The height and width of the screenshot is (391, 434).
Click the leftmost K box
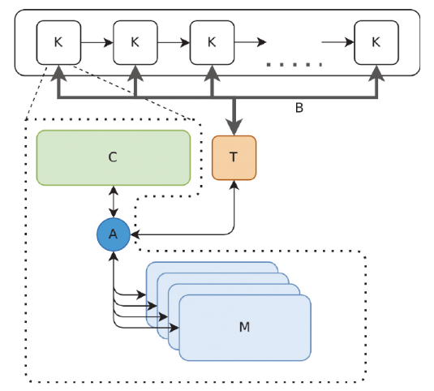[58, 43]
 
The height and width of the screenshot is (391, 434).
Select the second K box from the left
[135, 43]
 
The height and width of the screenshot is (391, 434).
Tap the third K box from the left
[212, 43]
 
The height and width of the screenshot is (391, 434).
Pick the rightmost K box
[376, 43]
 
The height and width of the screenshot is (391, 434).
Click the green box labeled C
[114, 157]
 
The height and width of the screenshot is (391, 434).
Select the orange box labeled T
[234, 157]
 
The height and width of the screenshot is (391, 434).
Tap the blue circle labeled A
[114, 234]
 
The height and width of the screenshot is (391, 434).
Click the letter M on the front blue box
[244, 327]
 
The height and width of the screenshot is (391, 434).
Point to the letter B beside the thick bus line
[299, 108]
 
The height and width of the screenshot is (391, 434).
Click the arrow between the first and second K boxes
[97, 43]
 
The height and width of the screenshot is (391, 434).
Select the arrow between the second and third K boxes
[174, 43]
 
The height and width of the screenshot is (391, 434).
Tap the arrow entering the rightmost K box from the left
[338, 43]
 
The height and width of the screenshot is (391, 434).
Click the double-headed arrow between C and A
[114, 202]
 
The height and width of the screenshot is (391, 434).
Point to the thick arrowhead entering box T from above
[234, 127]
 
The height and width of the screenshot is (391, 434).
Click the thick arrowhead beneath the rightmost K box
[376, 73]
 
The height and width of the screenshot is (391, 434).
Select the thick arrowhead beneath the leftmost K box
[58, 73]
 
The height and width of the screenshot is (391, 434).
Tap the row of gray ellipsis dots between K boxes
[294, 65]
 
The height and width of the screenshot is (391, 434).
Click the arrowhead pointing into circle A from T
[135, 234]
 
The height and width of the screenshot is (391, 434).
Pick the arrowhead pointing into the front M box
[174, 328]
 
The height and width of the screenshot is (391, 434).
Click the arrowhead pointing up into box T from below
[234, 185]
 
